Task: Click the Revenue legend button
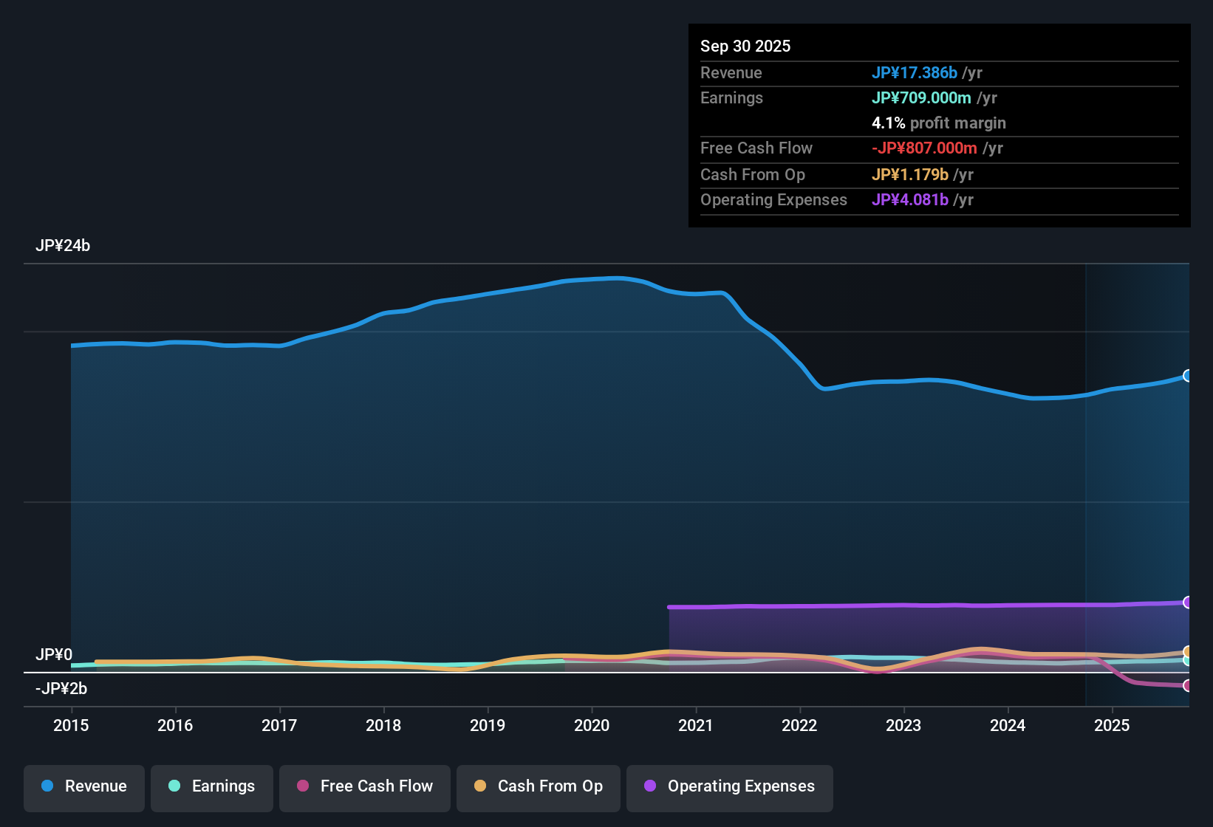[84, 786]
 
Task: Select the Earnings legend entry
[212, 786]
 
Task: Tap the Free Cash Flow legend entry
[365, 786]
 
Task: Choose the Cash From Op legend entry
[539, 786]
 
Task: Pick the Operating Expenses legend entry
[730, 786]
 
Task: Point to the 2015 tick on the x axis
[71, 725]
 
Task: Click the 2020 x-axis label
[592, 725]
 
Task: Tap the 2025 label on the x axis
[1112, 725]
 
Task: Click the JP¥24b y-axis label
[63, 246]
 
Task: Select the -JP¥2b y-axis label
[61, 689]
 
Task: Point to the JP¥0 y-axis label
[54, 655]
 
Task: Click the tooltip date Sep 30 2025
[745, 46]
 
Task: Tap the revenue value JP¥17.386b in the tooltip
[915, 72]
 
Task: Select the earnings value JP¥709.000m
[921, 97]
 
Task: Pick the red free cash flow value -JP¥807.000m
[924, 148]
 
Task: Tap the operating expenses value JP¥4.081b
[910, 199]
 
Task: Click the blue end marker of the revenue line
[1188, 376]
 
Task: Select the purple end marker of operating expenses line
[1188, 603]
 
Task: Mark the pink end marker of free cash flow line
[1188, 686]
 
